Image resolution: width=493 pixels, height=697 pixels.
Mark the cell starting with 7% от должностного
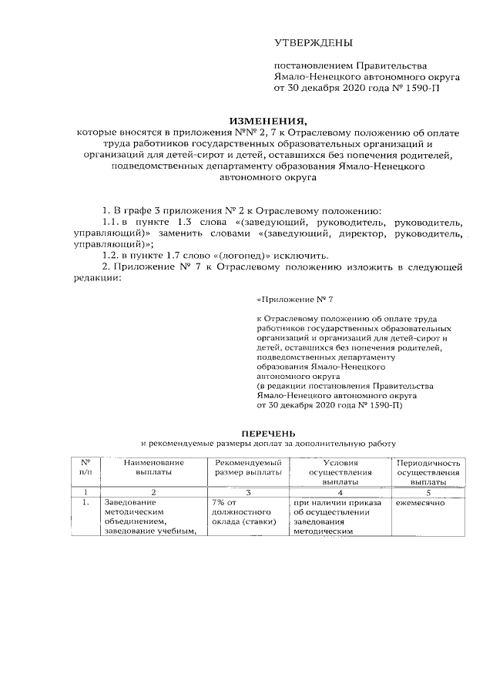243,512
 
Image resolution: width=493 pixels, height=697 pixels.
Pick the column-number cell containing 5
428,491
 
